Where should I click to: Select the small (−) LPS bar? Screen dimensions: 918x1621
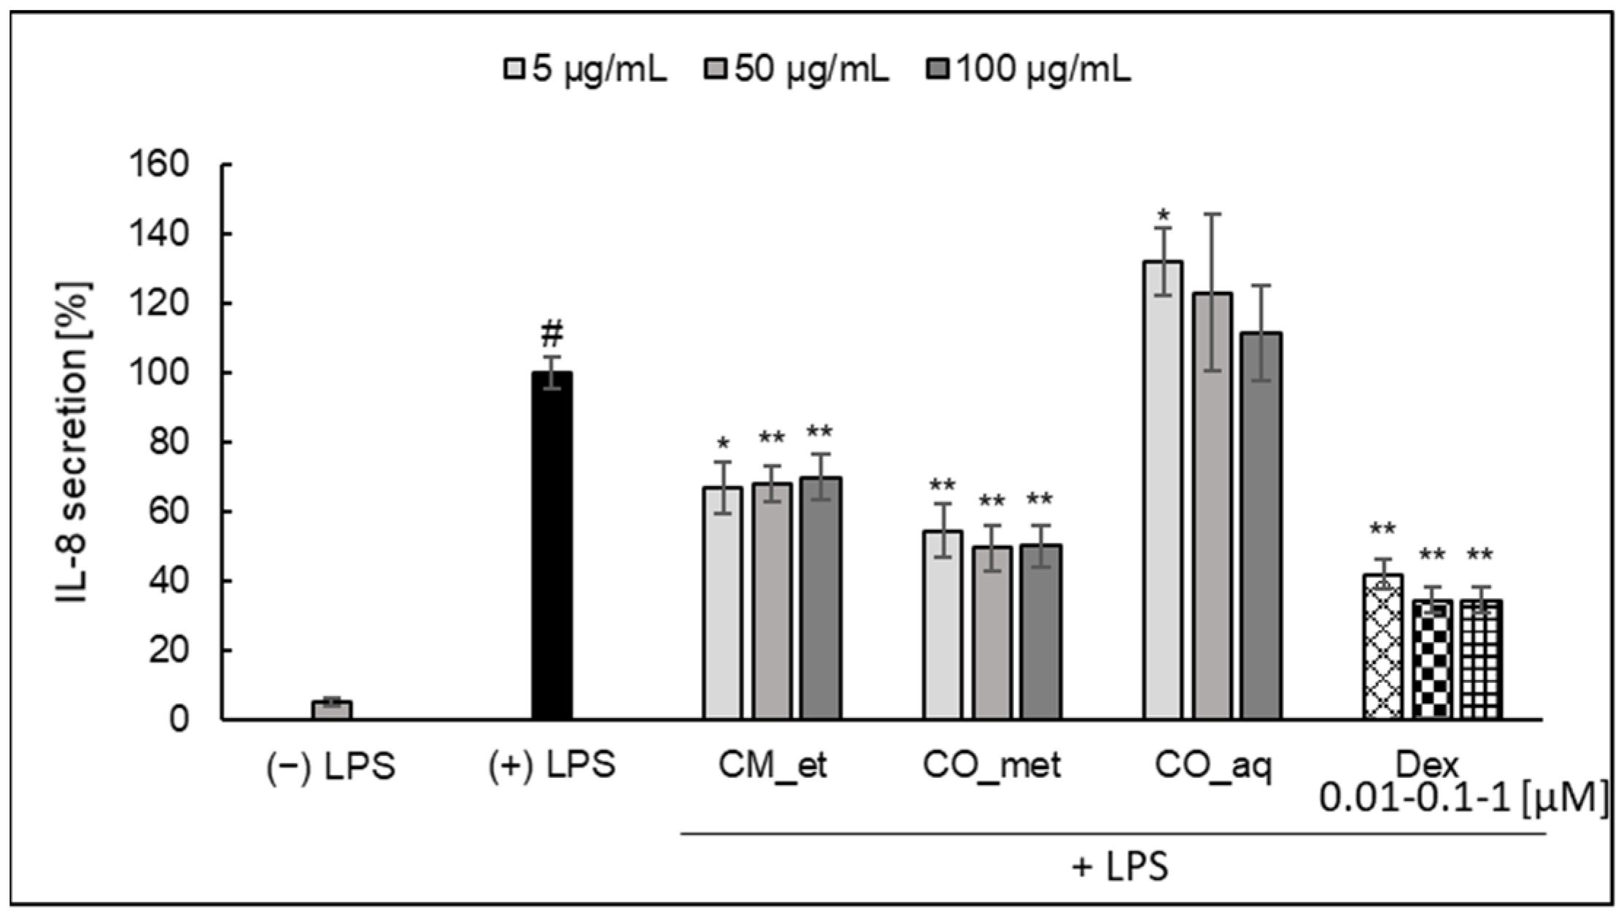pos(332,709)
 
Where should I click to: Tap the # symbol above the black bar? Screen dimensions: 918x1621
pos(552,335)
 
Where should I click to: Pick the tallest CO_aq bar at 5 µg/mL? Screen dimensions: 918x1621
pos(1163,489)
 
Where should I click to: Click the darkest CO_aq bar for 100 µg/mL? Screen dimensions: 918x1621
pos(1261,525)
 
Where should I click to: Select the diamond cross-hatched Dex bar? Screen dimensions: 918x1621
pos(1382,647)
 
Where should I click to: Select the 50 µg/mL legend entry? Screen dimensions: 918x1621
pos(797,71)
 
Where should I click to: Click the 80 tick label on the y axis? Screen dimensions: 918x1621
pos(168,442)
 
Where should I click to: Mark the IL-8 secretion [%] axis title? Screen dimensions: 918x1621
pos(72,442)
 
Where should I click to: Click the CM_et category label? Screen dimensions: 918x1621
pos(772,765)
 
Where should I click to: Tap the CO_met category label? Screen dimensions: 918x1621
pos(991,765)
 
